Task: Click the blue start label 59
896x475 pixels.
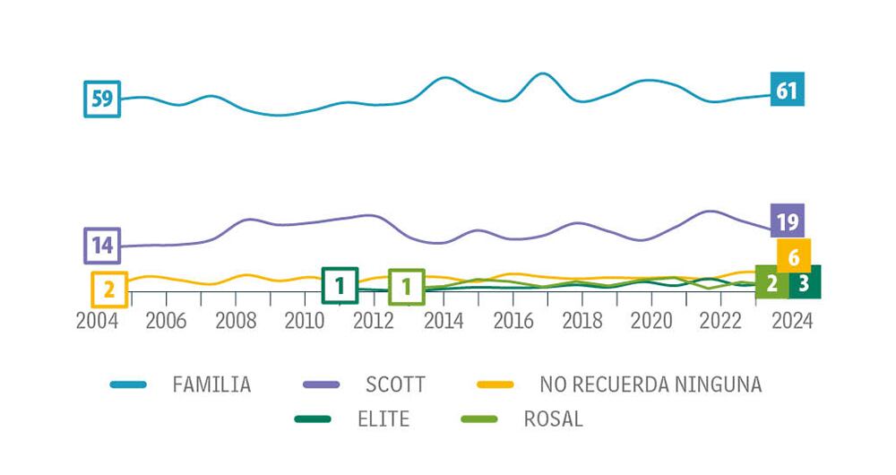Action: click(102, 99)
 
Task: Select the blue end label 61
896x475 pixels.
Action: click(787, 90)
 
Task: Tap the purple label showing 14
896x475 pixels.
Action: click(102, 245)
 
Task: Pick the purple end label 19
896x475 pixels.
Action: click(788, 221)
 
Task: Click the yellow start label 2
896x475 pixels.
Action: click(109, 289)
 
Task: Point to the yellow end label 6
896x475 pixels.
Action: click(794, 257)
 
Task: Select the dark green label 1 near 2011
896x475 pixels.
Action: click(340, 285)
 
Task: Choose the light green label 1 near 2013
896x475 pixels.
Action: click(407, 287)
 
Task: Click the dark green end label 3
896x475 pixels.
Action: click(805, 283)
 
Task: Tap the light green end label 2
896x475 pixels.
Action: click(771, 283)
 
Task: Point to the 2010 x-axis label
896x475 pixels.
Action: click(305, 321)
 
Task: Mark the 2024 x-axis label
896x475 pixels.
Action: click(792, 321)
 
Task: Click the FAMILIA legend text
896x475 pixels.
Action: click(211, 385)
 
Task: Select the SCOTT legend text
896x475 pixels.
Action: click(395, 385)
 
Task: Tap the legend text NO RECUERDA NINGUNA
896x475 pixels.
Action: click(651, 385)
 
